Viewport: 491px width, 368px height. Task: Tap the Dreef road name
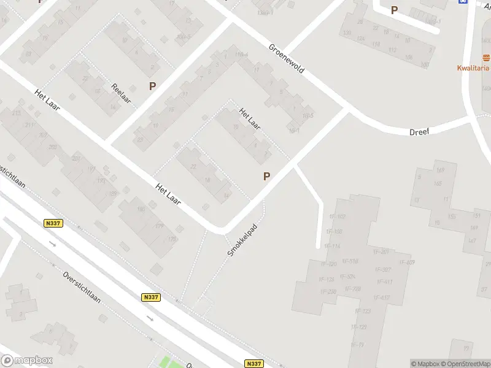[420, 131]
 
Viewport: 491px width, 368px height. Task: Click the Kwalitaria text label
[473, 68]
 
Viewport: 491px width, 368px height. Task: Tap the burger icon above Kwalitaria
[486, 58]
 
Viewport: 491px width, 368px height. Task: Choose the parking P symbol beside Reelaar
[152, 86]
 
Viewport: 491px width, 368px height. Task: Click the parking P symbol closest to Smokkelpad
[266, 176]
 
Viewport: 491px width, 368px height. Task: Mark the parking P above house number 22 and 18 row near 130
[394, 10]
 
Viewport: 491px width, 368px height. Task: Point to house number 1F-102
[337, 217]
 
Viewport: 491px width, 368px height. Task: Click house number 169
[439, 170]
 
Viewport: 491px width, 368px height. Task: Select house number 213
[16, 113]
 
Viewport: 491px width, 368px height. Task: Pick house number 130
[347, 33]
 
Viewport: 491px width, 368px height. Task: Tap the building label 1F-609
[407, 262]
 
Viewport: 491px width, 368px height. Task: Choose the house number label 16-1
[294, 130]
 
